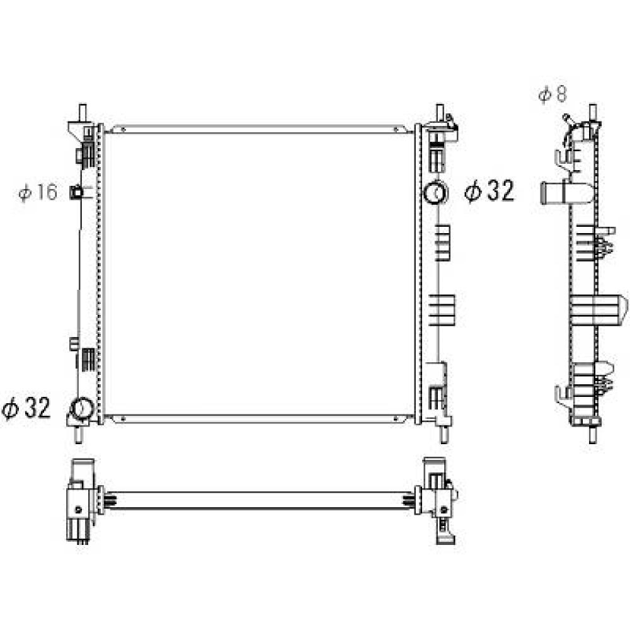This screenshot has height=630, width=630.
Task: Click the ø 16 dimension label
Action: click(x=38, y=192)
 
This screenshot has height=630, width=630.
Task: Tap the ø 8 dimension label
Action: click(x=553, y=94)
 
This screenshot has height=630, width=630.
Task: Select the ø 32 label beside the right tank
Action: click(x=490, y=190)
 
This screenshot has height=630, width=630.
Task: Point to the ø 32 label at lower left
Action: click(x=26, y=409)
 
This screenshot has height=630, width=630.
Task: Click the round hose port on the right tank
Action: click(x=435, y=192)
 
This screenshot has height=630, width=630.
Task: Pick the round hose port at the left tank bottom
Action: click(x=81, y=409)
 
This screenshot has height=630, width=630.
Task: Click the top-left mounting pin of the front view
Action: click(x=82, y=112)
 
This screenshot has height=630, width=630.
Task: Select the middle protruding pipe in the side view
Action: click(x=598, y=310)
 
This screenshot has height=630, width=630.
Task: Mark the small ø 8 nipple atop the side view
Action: click(x=568, y=118)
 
